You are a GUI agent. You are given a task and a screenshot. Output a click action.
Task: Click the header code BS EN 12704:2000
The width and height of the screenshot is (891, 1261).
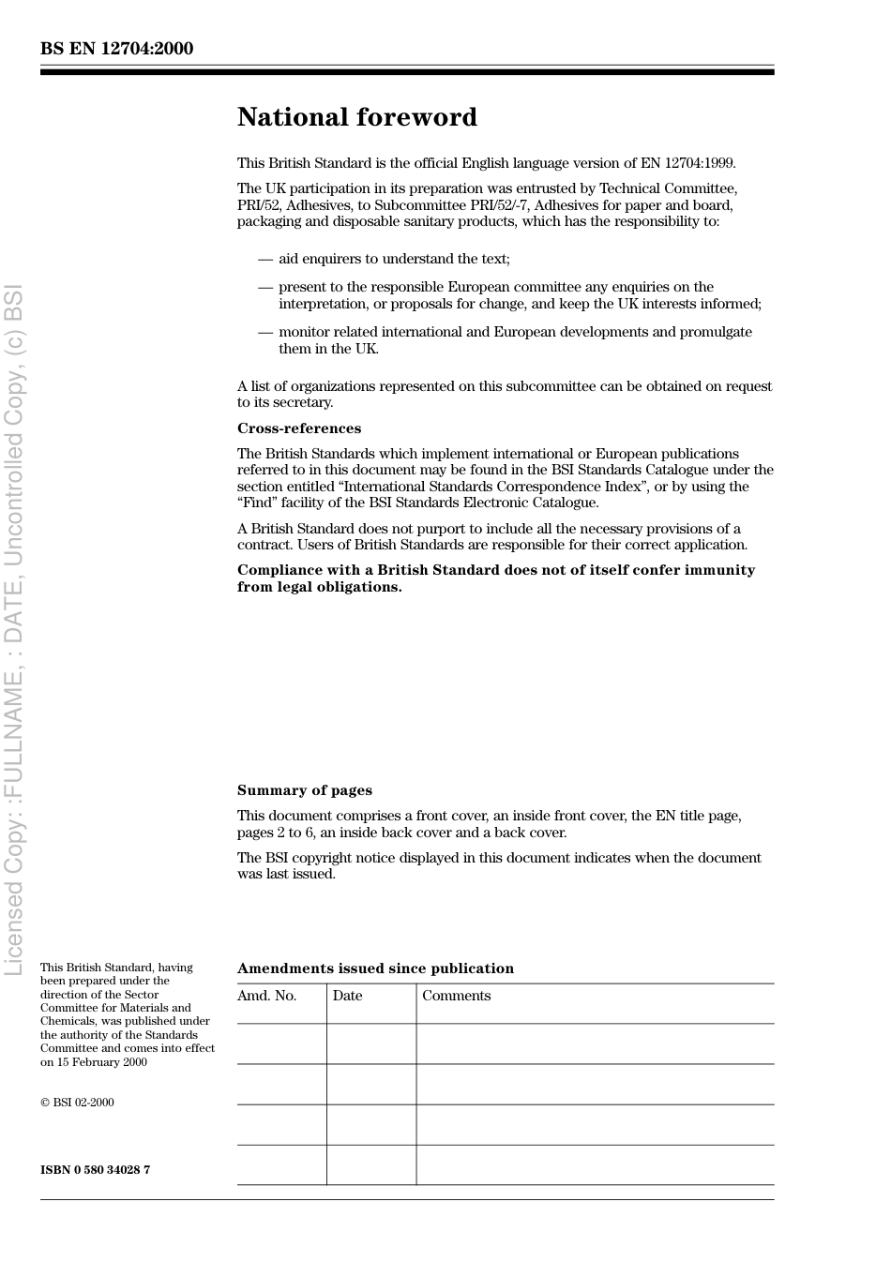coord(116,49)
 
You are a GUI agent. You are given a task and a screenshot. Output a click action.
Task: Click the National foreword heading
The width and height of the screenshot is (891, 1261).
coord(356,117)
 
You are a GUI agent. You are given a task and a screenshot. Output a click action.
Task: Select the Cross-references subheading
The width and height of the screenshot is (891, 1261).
coord(298,428)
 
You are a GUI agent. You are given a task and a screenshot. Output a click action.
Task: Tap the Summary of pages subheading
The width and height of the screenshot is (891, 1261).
coord(304,790)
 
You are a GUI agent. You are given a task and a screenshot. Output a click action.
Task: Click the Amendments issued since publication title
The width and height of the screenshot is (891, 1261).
coord(375,968)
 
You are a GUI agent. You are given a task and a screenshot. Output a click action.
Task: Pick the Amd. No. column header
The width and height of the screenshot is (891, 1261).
coord(266,996)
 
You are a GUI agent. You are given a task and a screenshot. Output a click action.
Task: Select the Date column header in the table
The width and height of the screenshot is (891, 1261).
coord(347,996)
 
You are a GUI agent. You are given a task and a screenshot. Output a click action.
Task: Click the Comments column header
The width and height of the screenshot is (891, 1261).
coord(456,996)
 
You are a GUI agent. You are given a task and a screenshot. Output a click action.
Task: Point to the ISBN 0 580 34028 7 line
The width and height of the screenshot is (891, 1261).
coord(95,1169)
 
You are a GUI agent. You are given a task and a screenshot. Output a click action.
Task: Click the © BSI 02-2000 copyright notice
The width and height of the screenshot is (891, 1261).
coord(77,1103)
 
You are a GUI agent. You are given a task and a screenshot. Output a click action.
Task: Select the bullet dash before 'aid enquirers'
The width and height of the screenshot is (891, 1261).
coord(265,259)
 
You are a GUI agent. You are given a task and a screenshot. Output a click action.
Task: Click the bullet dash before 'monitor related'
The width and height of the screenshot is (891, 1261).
coord(265,332)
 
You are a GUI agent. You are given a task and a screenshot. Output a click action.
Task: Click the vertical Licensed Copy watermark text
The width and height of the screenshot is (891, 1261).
coord(14,628)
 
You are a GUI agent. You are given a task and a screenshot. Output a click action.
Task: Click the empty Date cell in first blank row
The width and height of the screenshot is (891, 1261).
coord(371,1043)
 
